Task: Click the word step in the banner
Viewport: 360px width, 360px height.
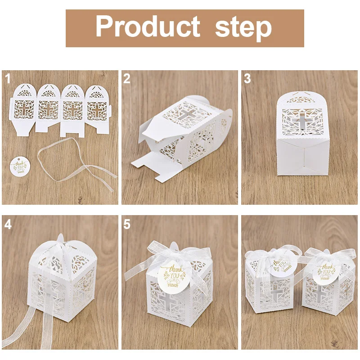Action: point(243,28)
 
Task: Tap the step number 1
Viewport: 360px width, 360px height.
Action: point(8,79)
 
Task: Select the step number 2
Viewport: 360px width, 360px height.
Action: point(127,79)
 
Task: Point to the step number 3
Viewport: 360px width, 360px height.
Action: point(247,79)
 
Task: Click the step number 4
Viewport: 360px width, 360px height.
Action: point(8,224)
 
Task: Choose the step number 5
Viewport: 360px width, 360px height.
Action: point(127,224)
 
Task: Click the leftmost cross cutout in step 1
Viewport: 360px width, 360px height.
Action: point(23,109)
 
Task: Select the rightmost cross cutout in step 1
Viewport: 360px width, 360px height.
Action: point(97,109)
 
